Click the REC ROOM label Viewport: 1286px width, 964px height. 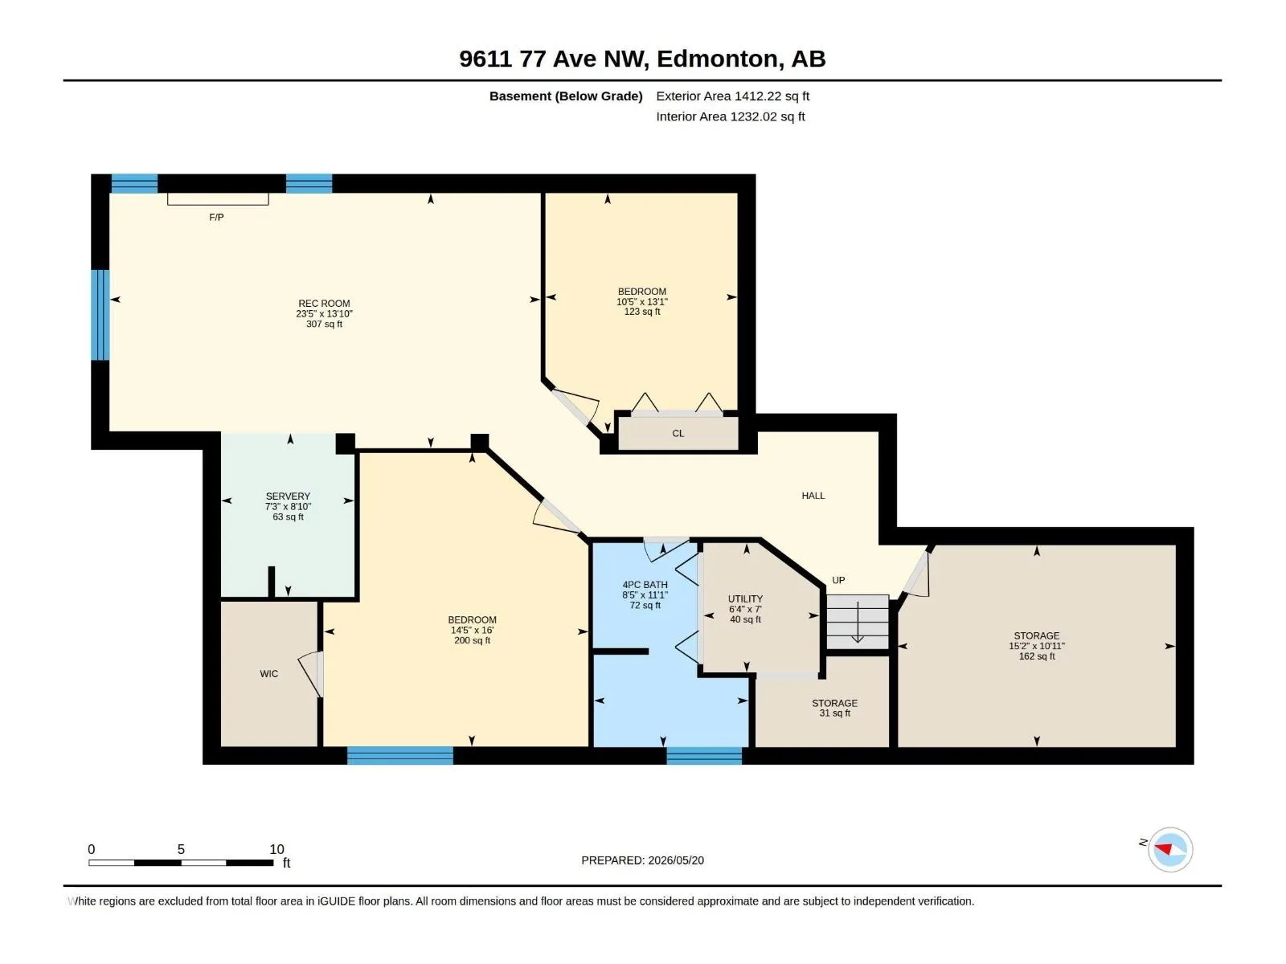pos(324,303)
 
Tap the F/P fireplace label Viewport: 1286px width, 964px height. pos(216,217)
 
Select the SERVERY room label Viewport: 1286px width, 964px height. pos(288,496)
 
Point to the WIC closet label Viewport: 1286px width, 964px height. pos(269,674)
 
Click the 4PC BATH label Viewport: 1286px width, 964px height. pos(645,584)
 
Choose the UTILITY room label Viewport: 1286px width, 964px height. pos(745,598)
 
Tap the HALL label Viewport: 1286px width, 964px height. pos(813,496)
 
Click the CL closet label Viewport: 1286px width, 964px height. pos(678,433)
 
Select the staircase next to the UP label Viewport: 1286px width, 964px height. pos(858,622)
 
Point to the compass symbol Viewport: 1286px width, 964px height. pos(1170,849)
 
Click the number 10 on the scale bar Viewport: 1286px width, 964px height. pos(276,849)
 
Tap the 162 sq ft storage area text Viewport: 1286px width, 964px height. pos(1036,656)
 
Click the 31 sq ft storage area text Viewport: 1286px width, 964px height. pos(835,713)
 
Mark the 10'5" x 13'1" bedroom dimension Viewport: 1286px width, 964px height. pos(642,301)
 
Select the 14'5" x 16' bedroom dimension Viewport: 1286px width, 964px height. pos(473,631)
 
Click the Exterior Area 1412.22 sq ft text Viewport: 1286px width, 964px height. pos(733,96)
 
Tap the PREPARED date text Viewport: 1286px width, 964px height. pos(643,860)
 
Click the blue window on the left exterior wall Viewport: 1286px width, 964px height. pos(100,315)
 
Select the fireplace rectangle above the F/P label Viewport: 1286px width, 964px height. pos(218,199)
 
